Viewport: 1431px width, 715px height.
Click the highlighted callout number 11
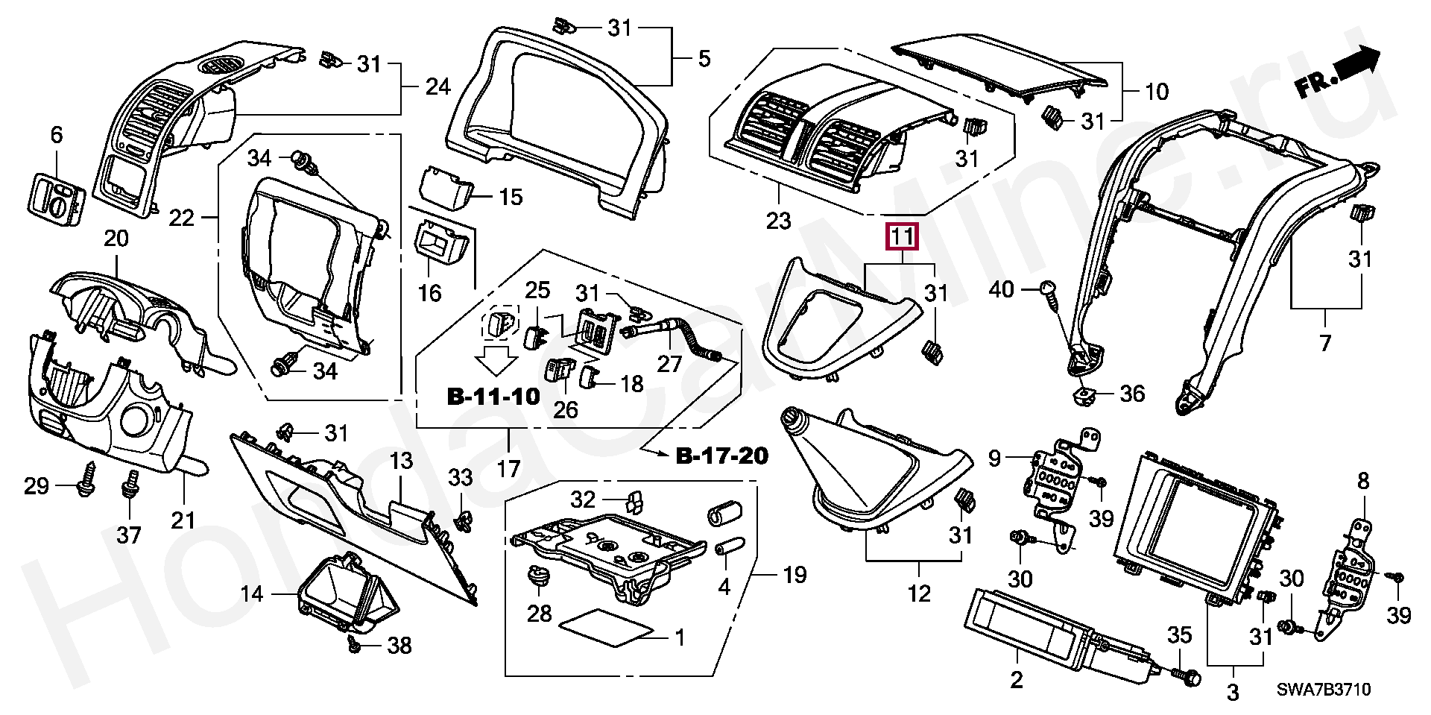(902, 238)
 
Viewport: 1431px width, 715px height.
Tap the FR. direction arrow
(1337, 72)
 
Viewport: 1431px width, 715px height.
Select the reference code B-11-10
(493, 396)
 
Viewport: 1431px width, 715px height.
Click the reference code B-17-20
(721, 455)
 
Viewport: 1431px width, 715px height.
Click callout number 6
(57, 135)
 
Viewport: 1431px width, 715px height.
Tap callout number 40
(1002, 289)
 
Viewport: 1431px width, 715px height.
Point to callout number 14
(253, 594)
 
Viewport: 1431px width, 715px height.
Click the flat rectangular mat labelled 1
(607, 627)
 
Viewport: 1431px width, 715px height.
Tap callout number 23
(779, 221)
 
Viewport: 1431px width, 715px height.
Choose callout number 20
(116, 239)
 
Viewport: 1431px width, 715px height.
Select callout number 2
(1017, 679)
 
